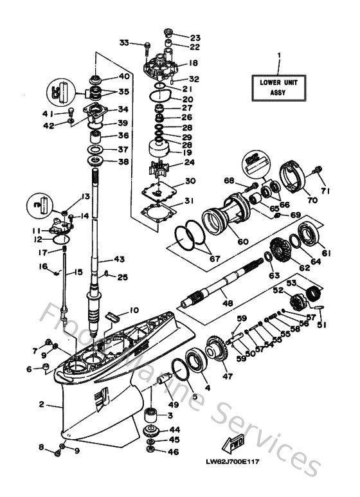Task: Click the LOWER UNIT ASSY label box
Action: (279, 87)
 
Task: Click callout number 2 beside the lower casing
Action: (40, 404)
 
